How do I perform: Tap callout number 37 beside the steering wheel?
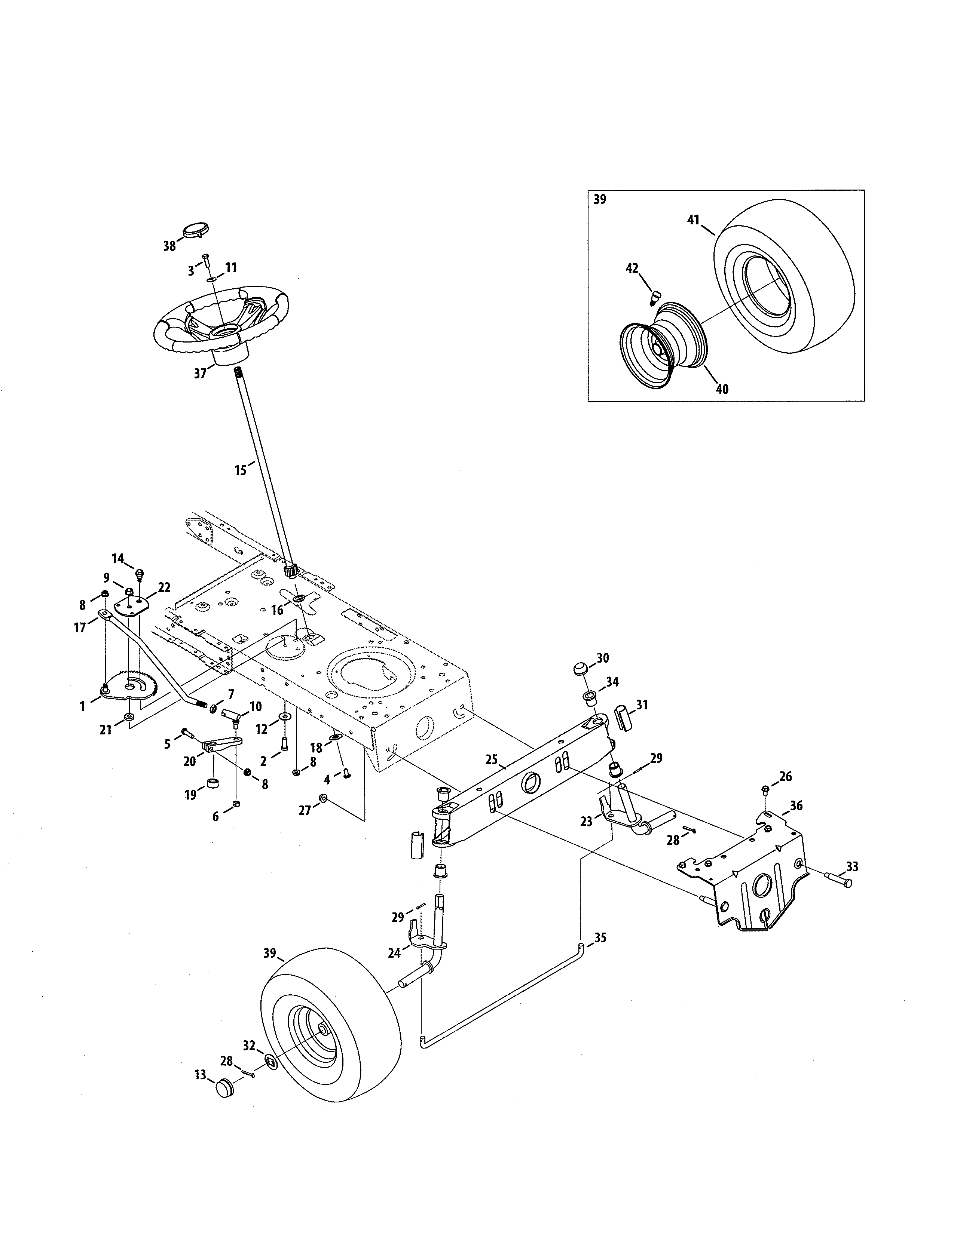pyautogui.click(x=200, y=374)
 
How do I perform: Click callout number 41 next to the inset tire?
pyautogui.click(x=694, y=220)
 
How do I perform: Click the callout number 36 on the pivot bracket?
pyautogui.click(x=796, y=805)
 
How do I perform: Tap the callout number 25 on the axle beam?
pyautogui.click(x=491, y=759)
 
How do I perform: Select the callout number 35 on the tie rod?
pyautogui.click(x=600, y=937)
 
